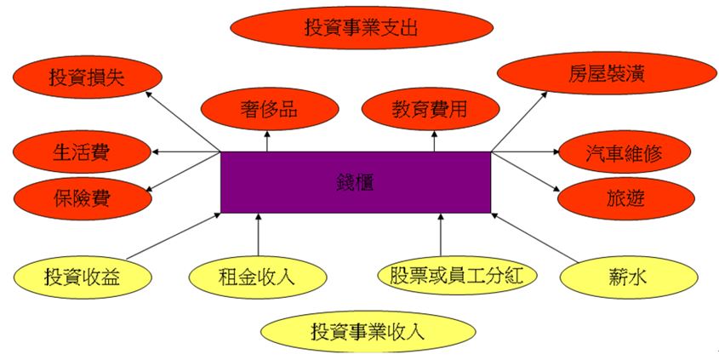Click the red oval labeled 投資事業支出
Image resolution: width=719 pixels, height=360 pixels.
361,26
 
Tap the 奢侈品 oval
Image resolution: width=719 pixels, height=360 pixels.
268,110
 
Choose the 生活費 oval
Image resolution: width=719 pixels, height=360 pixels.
82,152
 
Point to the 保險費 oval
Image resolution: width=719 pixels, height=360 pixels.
82,199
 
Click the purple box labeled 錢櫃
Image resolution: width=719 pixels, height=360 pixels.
355,182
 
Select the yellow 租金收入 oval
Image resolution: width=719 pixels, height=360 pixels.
257,276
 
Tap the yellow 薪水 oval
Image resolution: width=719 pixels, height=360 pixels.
620,276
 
